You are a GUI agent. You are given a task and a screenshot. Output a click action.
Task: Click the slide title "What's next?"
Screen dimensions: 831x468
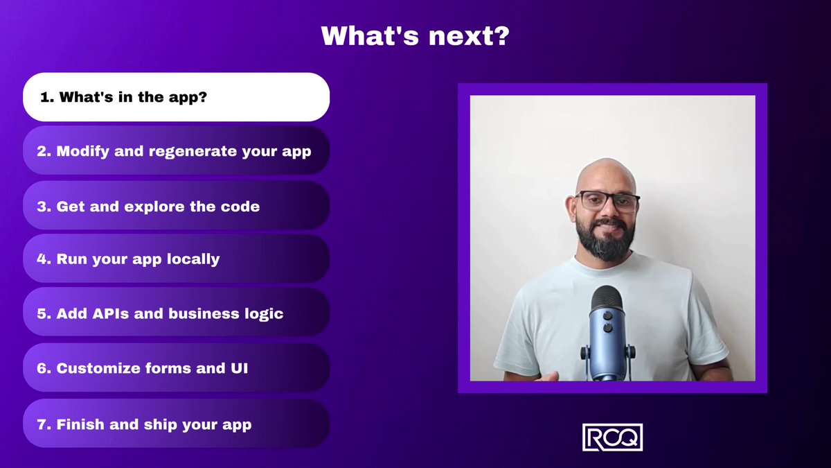pyautogui.click(x=415, y=35)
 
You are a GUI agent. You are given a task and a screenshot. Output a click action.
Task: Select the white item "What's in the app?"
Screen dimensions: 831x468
pyautogui.click(x=176, y=97)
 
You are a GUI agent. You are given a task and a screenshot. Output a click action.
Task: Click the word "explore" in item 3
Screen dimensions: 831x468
pyautogui.click(x=154, y=207)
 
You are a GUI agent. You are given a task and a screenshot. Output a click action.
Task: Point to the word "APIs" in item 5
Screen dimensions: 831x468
pyautogui.click(x=111, y=313)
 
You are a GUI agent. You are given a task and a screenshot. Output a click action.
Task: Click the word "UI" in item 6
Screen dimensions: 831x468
pyautogui.click(x=240, y=368)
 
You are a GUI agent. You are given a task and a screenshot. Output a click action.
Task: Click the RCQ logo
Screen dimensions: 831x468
pyautogui.click(x=612, y=437)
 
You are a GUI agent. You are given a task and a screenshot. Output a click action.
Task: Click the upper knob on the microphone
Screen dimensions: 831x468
pyautogui.click(x=608, y=316)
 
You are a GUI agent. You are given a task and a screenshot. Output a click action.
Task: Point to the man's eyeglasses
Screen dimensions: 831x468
pyautogui.click(x=607, y=202)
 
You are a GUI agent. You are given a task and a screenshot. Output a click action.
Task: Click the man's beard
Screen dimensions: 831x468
pyautogui.click(x=605, y=240)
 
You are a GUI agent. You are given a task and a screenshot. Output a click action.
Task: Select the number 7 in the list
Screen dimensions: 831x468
pyautogui.click(x=41, y=424)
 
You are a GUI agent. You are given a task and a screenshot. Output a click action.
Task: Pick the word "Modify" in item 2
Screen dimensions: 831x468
pyautogui.click(x=82, y=152)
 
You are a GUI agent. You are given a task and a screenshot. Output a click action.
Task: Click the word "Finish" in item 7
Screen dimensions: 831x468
pyautogui.click(x=80, y=424)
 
